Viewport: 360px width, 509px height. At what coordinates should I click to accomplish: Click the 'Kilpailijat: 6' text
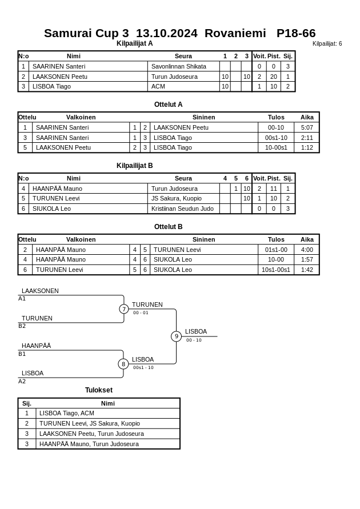click(x=327, y=44)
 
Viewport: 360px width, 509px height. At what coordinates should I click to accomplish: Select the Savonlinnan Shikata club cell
click(x=178, y=66)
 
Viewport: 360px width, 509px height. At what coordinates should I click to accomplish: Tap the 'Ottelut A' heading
click(x=168, y=105)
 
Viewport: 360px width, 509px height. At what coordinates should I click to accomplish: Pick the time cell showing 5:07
click(x=307, y=127)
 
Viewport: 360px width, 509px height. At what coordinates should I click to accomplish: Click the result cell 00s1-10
click(x=276, y=138)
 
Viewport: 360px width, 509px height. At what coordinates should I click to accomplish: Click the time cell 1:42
click(x=307, y=270)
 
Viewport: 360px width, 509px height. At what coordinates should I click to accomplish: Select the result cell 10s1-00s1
click(x=276, y=270)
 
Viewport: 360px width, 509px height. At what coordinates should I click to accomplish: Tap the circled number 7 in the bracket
click(x=124, y=309)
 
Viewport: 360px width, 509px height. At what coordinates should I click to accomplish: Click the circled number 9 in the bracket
click(x=176, y=336)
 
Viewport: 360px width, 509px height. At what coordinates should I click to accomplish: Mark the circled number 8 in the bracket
click(x=123, y=364)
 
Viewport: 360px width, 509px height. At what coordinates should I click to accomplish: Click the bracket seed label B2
click(x=22, y=326)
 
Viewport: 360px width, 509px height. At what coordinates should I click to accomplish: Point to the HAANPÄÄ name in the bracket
click(x=36, y=346)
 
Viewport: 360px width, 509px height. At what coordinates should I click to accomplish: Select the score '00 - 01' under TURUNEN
click(x=141, y=313)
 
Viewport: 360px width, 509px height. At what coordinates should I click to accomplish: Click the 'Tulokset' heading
click(x=99, y=390)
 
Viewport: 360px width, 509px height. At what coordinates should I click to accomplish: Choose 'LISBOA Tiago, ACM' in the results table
click(x=67, y=413)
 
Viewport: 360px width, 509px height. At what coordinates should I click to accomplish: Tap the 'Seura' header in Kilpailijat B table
click(x=183, y=178)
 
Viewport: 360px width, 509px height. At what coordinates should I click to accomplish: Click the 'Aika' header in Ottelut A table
click(x=307, y=117)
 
